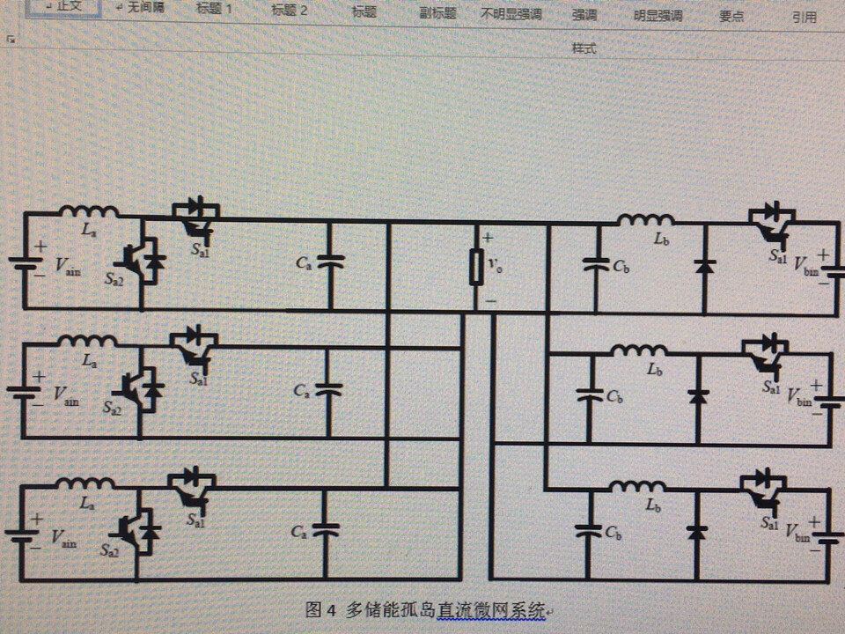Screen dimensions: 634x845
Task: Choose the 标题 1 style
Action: (214, 11)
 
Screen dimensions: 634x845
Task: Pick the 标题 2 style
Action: (290, 11)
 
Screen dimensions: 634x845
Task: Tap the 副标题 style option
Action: (437, 14)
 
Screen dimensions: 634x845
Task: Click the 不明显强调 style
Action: (511, 15)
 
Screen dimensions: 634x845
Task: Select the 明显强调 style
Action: (658, 16)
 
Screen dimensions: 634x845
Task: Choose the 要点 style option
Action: (731, 16)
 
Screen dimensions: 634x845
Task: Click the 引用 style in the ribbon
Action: (804, 17)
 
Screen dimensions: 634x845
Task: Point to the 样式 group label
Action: (584, 49)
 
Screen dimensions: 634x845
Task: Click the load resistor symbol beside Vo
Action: (476, 267)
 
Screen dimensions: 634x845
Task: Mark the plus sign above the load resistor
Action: (488, 238)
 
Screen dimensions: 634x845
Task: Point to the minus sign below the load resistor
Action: (490, 300)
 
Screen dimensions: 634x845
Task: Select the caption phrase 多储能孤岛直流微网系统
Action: (445, 609)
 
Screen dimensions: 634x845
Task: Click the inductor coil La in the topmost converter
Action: (89, 211)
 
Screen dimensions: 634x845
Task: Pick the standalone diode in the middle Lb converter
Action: (698, 396)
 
